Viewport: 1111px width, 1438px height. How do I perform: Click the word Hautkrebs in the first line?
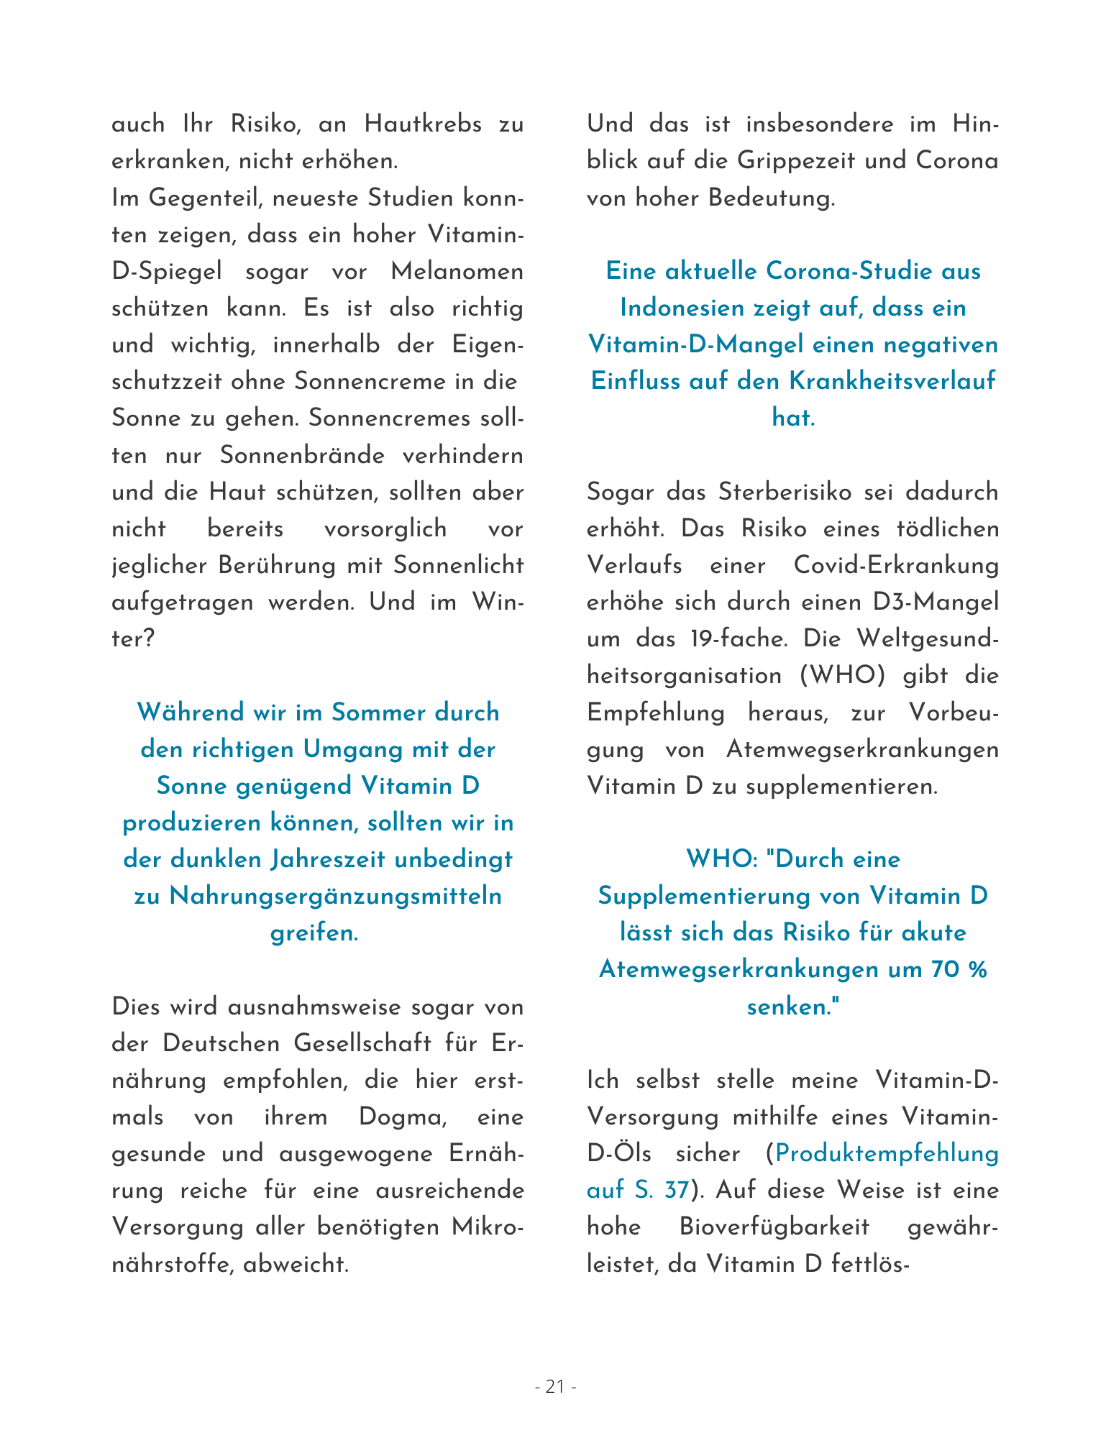tap(423, 124)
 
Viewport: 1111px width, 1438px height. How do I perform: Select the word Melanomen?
tap(457, 272)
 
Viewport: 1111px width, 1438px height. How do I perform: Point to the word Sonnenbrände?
tap(302, 456)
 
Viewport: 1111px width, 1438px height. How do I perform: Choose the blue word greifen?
tap(314, 933)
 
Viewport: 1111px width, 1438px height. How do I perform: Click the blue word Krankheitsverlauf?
tap(892, 381)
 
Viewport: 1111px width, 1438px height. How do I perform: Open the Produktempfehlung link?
tap(887, 1154)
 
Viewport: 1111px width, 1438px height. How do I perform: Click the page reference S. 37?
tap(662, 1191)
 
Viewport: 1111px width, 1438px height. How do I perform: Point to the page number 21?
tap(555, 1387)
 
